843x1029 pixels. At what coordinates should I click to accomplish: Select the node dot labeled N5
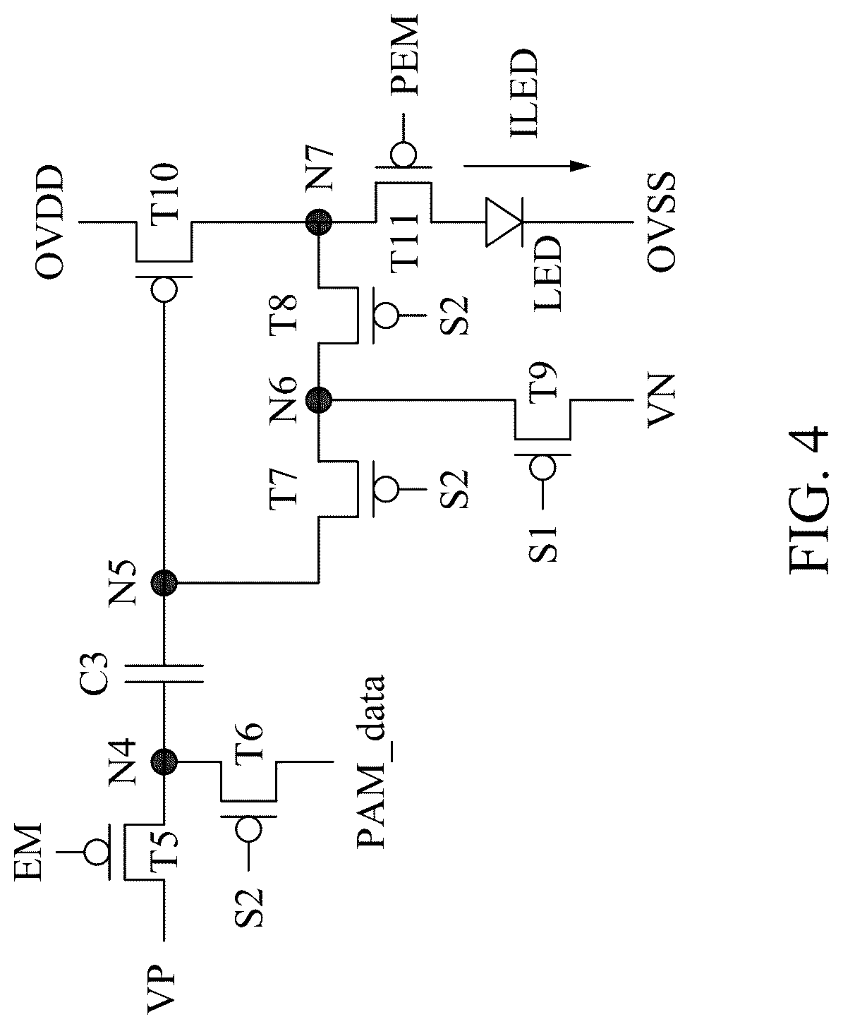tap(164, 582)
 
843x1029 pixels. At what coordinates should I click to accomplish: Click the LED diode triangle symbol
tap(504, 222)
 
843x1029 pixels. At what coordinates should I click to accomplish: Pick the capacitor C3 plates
tap(164, 673)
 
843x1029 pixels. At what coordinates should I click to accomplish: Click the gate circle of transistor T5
tap(97, 852)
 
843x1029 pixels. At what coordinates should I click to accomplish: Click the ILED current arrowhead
tap(580, 166)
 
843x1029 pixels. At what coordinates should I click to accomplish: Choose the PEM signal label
tap(404, 54)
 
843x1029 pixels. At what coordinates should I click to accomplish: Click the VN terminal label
tap(661, 401)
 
